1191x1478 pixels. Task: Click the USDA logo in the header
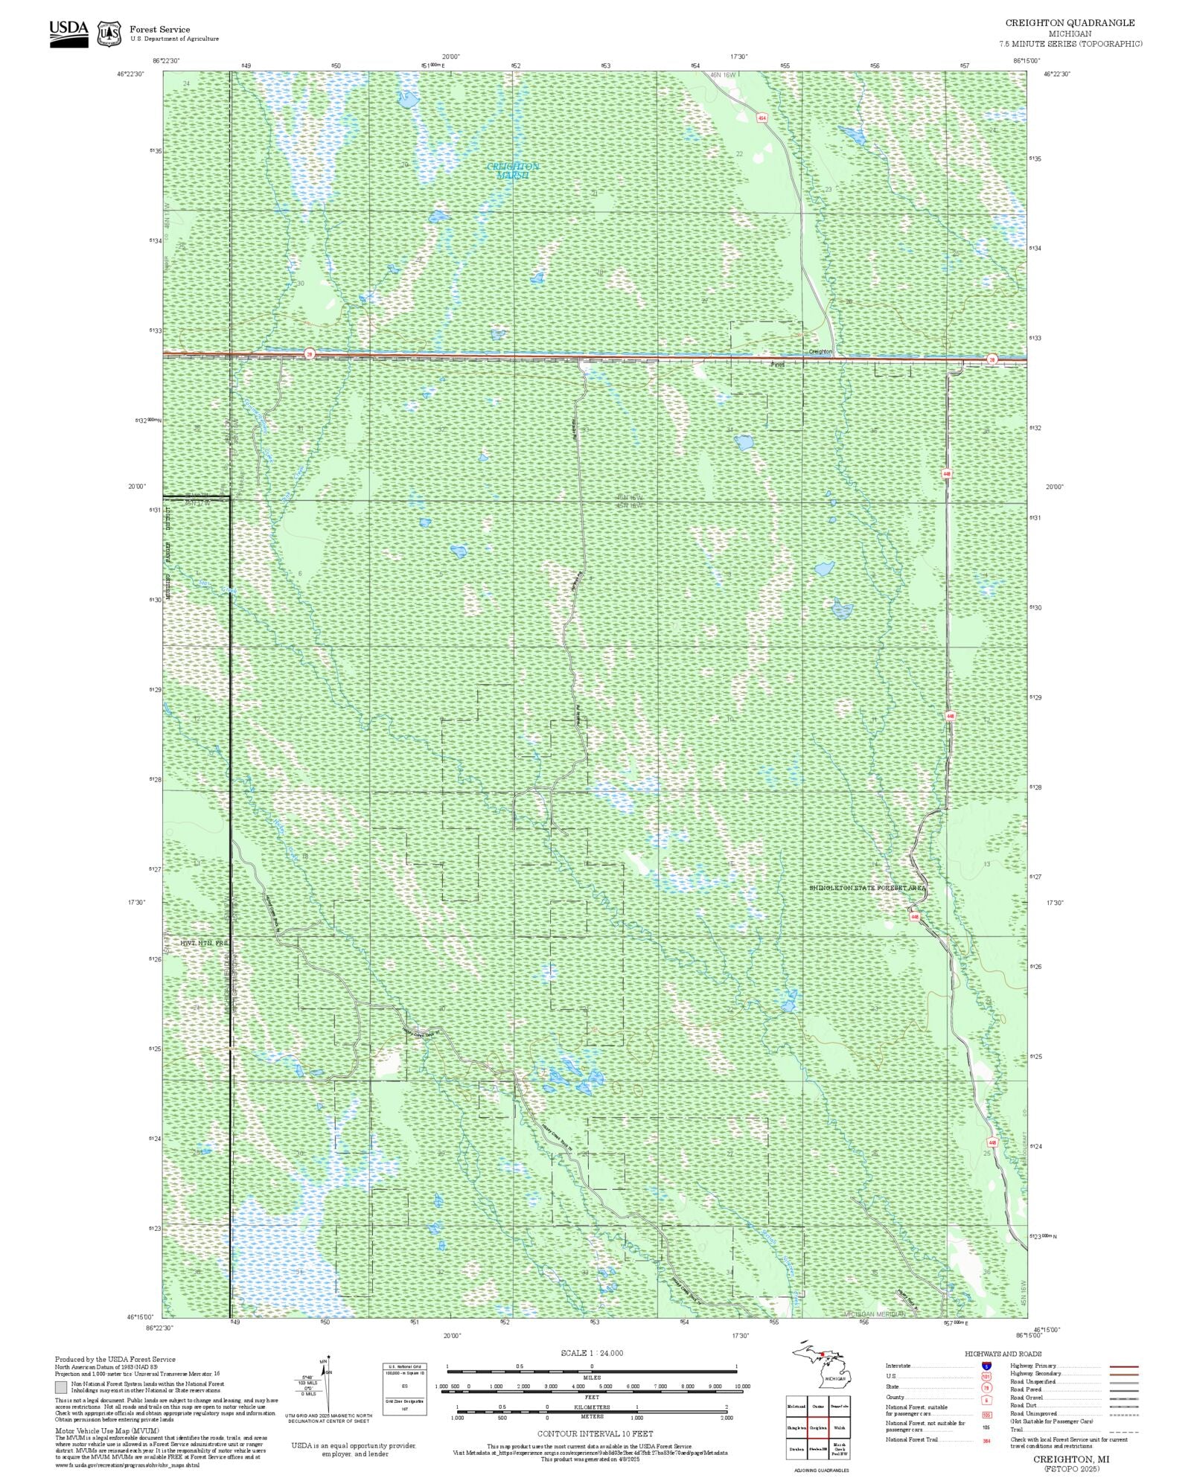point(68,33)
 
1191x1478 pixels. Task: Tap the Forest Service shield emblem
point(110,34)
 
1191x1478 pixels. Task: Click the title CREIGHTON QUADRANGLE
point(1070,23)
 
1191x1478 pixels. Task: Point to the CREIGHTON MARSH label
point(512,170)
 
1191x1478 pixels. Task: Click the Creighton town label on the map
point(820,351)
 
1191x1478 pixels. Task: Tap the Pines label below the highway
point(777,365)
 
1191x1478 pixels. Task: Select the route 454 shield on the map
point(761,118)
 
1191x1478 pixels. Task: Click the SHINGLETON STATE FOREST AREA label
point(867,888)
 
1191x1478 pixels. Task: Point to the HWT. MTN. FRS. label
point(202,943)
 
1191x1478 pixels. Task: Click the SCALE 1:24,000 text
point(592,1353)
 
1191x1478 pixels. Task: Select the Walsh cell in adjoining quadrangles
point(839,1428)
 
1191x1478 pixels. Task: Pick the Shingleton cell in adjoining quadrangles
point(797,1428)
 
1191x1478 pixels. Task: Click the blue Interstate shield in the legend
point(986,1366)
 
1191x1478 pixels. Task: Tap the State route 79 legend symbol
point(986,1387)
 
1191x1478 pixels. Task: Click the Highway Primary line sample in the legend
point(1123,1367)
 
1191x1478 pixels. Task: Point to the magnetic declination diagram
point(324,1386)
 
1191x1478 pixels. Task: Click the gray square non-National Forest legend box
point(60,1388)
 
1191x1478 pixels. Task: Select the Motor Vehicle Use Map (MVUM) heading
point(107,1430)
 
